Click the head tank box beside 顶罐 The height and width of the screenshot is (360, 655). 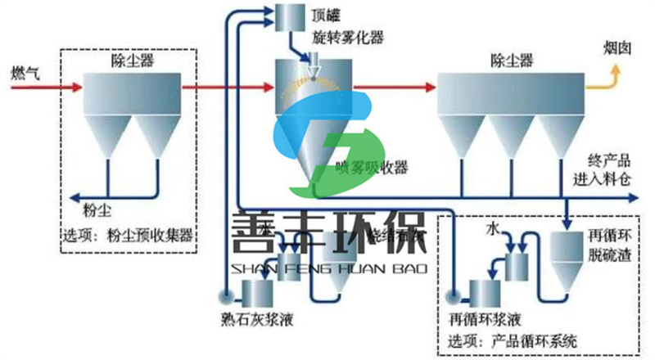tap(286, 15)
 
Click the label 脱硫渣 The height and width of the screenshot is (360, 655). tap(609, 255)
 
